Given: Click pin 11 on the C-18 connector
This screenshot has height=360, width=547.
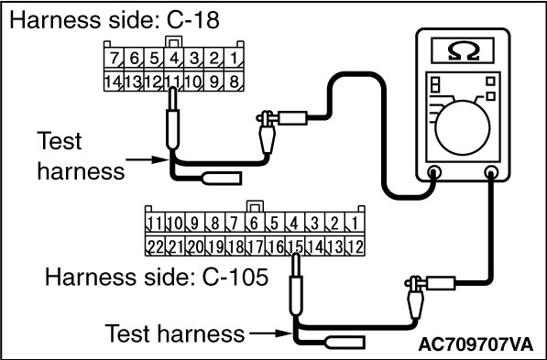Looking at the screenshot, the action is coord(174,82).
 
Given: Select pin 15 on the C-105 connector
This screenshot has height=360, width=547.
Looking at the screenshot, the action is coord(295,246).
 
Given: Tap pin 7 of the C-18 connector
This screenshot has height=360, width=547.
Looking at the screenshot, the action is coord(115,58).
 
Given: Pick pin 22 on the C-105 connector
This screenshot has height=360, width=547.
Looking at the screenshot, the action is coord(155,246).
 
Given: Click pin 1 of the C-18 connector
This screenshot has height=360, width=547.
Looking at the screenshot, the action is coord(234,58).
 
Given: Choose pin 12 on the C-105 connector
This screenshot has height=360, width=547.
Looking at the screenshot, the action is coord(356,246).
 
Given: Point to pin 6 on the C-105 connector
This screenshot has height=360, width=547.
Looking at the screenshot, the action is coord(255,223).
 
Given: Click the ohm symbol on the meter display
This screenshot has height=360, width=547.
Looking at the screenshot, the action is coord(463,51).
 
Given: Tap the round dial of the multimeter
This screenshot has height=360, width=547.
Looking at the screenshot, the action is coord(463,127).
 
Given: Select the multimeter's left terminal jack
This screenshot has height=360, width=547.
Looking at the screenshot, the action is coord(434,172).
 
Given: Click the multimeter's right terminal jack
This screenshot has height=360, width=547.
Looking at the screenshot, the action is coord(491,172).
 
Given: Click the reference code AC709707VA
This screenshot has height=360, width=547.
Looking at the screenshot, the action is coord(476,344).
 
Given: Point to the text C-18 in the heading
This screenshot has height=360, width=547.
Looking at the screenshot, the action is coord(193,19).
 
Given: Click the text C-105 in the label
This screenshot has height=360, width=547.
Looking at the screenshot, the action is coord(235,278).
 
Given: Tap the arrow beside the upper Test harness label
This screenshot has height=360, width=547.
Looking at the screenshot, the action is coord(148,159).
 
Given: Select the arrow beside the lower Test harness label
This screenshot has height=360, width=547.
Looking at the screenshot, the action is coord(270,333).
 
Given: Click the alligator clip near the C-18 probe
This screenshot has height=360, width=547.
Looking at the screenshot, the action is coord(267,132).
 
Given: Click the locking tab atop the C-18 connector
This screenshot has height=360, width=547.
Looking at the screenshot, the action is coord(174,42).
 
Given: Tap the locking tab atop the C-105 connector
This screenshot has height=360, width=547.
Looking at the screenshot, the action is coord(255,206).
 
